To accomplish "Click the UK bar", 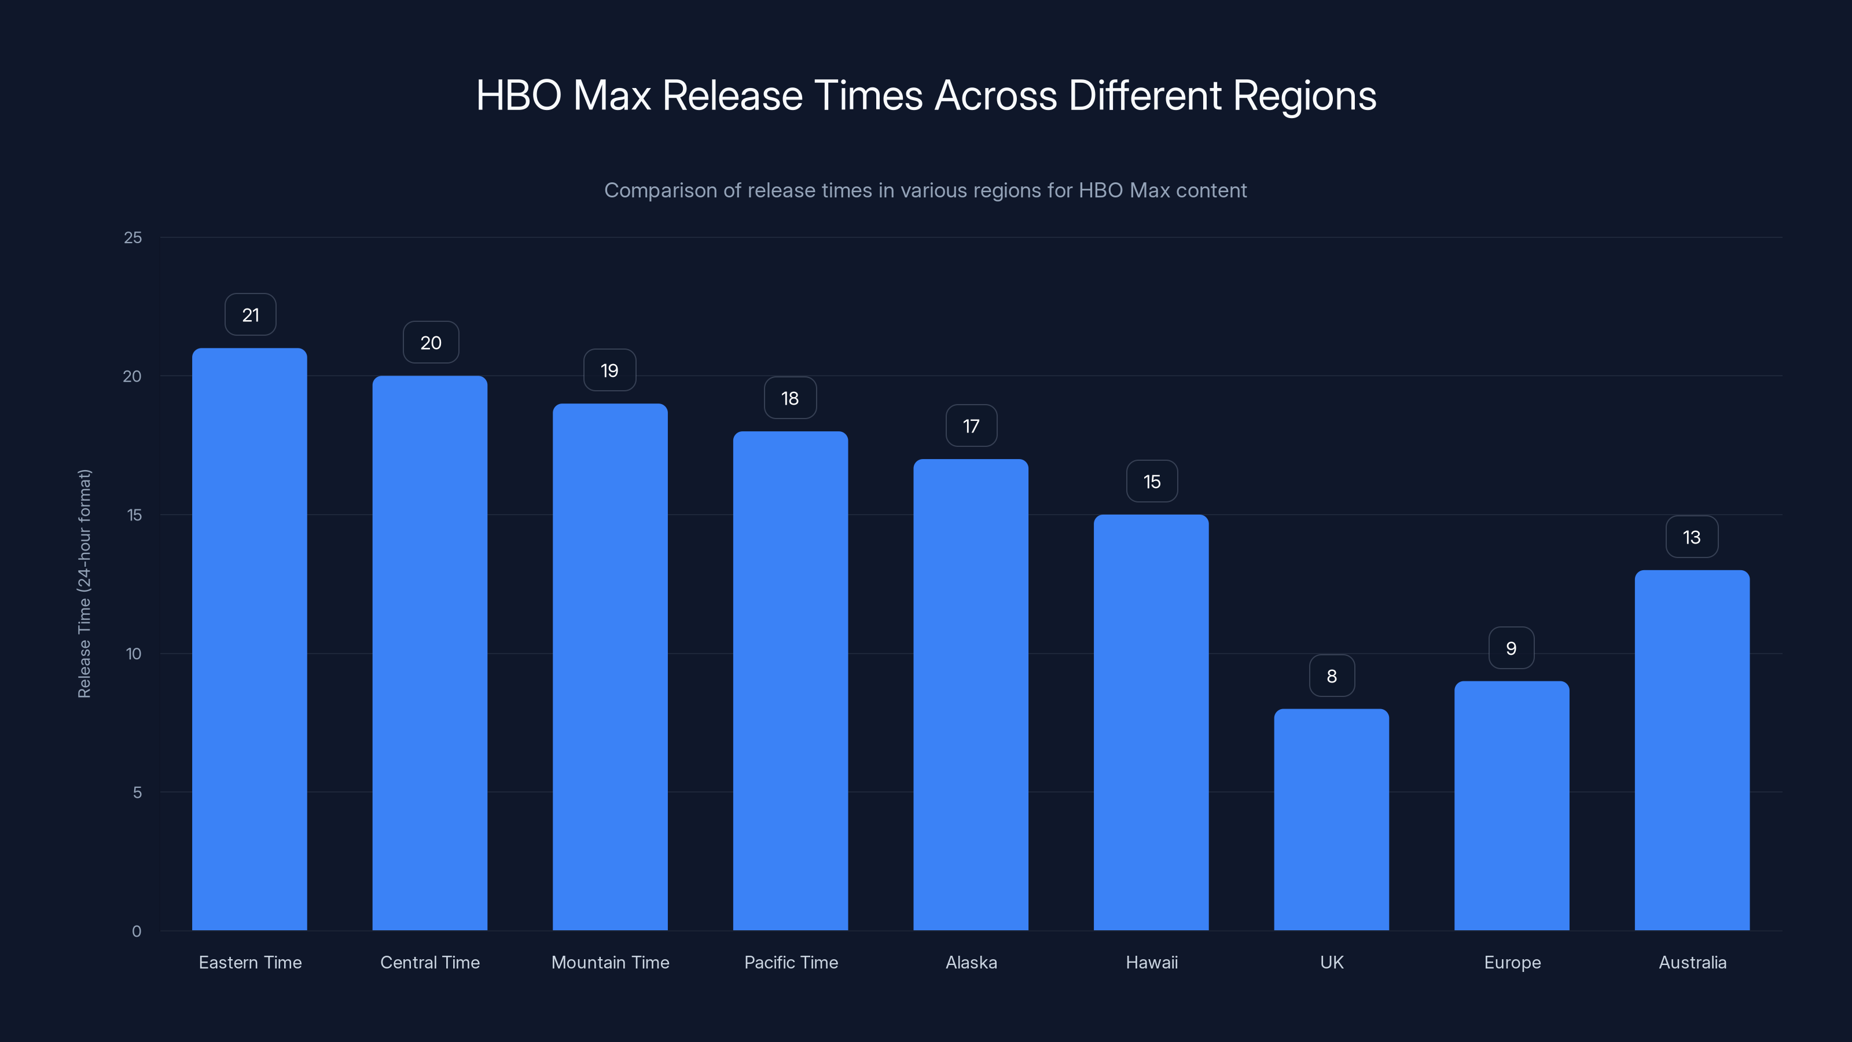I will tap(1332, 819).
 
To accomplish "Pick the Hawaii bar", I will tap(1151, 722).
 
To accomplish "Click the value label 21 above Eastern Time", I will tap(250, 315).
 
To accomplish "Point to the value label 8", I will tap(1332, 676).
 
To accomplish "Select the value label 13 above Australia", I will tap(1692, 537).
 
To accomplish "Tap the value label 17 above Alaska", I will tap(971, 427).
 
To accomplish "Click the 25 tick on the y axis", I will tap(133, 237).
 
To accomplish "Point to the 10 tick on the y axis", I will tap(134, 654).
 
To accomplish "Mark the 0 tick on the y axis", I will tap(137, 931).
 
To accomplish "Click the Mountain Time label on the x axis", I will tap(609, 962).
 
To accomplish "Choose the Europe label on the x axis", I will tap(1512, 962).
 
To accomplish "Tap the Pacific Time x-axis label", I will tap(791, 962).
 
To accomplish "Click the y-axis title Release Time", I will tap(84, 583).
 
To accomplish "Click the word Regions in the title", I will tap(1304, 96).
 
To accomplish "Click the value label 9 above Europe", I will tap(1511, 648).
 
